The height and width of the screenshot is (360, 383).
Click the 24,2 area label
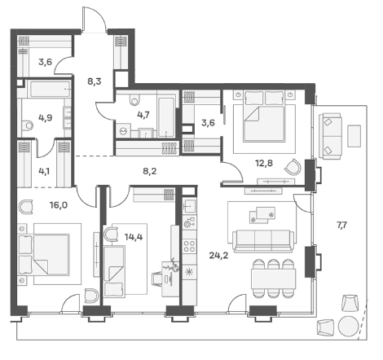pos(218,256)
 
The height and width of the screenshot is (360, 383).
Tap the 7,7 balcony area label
pos(341,226)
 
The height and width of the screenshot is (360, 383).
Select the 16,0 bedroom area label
pos(59,205)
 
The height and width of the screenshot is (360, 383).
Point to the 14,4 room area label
pos(134,237)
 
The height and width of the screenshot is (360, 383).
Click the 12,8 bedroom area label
pos(264,163)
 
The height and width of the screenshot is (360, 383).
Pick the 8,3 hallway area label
pos(95,81)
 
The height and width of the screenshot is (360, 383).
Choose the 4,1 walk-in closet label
pos(44,171)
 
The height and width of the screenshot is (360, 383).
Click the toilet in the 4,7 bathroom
pos(134,99)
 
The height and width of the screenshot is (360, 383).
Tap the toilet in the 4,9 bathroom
pos(28,125)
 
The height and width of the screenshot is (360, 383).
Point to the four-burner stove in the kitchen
pos(189,246)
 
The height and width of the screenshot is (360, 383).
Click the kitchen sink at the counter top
pos(189,206)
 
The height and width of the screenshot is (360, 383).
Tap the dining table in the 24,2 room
pos(273,279)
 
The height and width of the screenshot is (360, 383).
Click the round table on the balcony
pos(349,326)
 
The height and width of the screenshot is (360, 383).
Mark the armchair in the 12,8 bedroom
pos(293,167)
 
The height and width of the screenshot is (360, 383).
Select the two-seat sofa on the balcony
pos(330,136)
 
